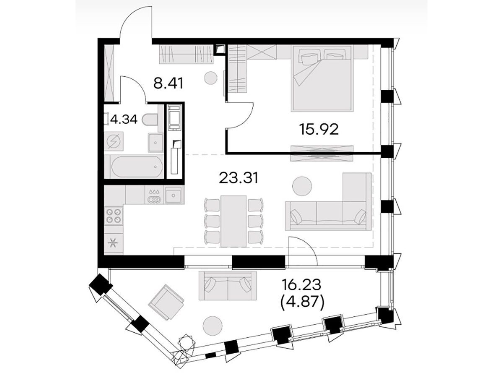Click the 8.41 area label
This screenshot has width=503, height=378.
point(169,83)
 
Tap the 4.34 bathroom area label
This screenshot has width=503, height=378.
point(124,120)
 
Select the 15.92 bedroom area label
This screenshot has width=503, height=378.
point(319,130)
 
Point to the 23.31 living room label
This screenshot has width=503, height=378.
point(239,178)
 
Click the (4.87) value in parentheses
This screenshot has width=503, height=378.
point(302,304)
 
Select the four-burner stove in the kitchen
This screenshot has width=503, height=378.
point(114,216)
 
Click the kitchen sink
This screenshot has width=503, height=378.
point(174,195)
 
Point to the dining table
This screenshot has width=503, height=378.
point(233,221)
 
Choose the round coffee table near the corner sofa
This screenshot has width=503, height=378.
point(302,186)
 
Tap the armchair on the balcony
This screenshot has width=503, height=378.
point(166,302)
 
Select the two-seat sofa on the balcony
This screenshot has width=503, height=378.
point(228,286)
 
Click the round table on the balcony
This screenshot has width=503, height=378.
point(213,326)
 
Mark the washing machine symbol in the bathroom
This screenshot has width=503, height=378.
point(114,141)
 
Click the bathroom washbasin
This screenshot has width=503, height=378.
point(156,143)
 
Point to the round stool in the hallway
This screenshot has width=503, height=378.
point(210,78)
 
